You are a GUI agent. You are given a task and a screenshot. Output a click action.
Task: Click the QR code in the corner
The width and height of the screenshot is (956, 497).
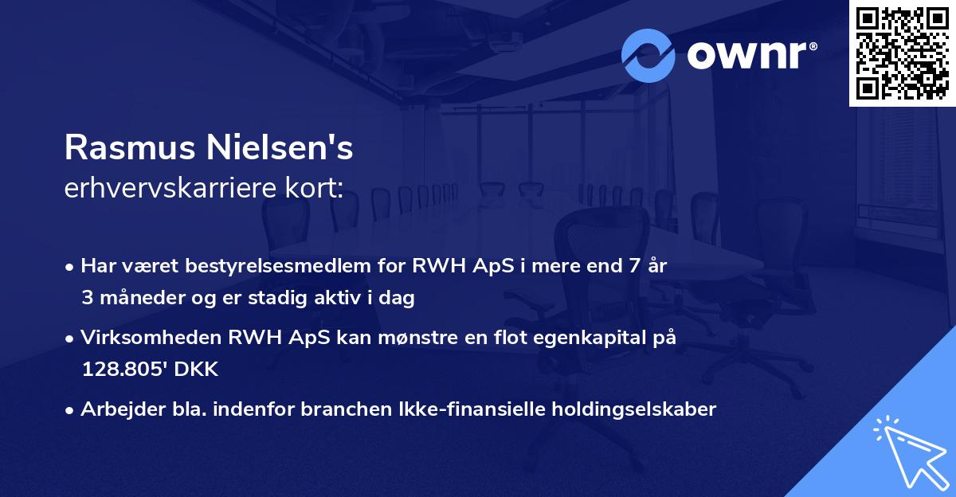coord(902,53)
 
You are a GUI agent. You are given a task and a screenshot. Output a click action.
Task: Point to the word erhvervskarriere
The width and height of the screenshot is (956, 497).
coord(167,188)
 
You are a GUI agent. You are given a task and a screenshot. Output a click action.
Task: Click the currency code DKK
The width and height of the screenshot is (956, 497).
coord(197,370)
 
